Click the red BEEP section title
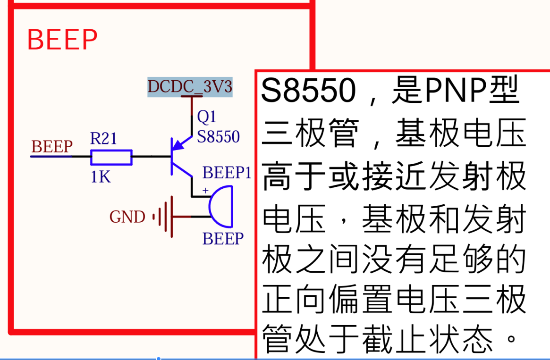[x=62, y=40]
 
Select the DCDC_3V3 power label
[x=190, y=87]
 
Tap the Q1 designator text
[x=207, y=117]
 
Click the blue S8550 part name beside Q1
[x=219, y=137]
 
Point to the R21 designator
[x=103, y=138]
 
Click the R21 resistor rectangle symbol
[x=111, y=158]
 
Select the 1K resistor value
[x=101, y=177]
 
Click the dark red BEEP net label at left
[x=52, y=147]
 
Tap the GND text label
[x=127, y=217]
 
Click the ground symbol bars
[x=163, y=217]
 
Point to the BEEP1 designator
[x=227, y=173]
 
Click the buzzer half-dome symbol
[x=222, y=206]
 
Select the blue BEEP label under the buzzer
[x=223, y=239]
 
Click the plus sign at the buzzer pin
[x=205, y=191]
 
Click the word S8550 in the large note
[x=308, y=91]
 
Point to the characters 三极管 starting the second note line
[x=310, y=133]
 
